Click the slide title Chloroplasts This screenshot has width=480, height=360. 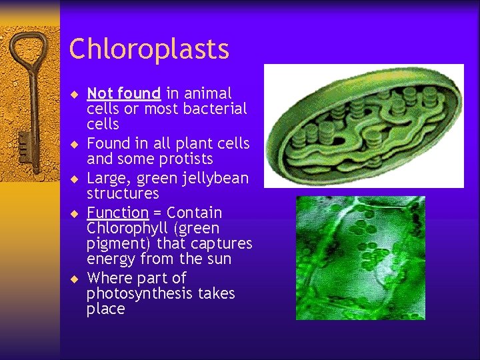point(149,49)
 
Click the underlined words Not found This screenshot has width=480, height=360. point(123,93)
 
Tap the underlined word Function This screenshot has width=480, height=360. point(117,213)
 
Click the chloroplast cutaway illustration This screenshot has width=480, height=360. point(363,126)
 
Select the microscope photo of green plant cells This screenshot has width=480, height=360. point(360,257)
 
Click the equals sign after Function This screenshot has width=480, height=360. point(158,213)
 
